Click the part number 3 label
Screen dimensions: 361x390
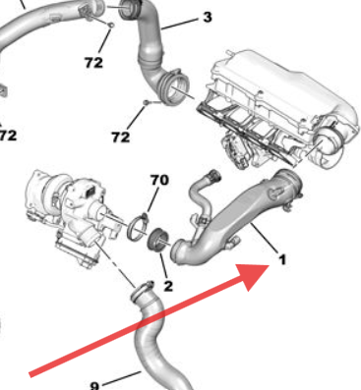point(207,18)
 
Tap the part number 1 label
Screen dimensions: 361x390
point(282,260)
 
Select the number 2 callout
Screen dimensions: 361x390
point(168,286)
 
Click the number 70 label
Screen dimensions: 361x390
point(158,180)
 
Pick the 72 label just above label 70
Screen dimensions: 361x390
point(120,138)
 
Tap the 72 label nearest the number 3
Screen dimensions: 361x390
point(93,61)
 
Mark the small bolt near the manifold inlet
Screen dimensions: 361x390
point(146,101)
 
